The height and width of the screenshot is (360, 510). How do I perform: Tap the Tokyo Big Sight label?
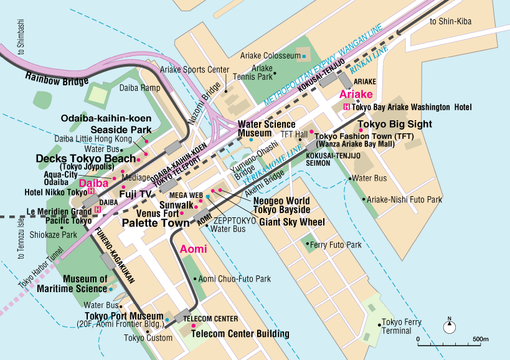click(x=395, y=125)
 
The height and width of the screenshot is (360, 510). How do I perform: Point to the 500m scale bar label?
click(x=481, y=339)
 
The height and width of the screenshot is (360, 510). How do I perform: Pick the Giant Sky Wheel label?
click(x=292, y=222)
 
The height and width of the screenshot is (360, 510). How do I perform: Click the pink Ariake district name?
click(x=356, y=94)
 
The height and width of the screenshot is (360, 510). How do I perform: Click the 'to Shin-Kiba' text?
click(x=451, y=22)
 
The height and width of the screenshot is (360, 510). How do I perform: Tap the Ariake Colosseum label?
click(x=269, y=56)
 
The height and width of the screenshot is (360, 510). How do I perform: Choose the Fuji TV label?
click(x=136, y=194)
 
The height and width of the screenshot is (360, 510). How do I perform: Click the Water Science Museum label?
click(x=267, y=129)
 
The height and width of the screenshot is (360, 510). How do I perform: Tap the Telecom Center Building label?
click(x=240, y=334)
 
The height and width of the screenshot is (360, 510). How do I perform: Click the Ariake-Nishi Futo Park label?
click(x=404, y=199)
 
